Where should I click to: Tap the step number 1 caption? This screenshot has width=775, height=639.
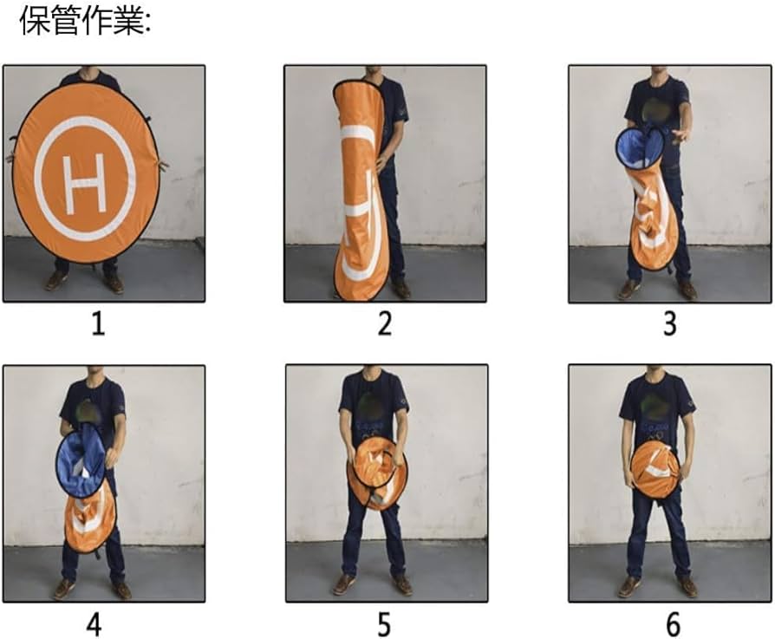[x=97, y=325]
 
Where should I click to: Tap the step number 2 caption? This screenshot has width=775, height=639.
[x=384, y=324]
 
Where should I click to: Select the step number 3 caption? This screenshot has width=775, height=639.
[x=668, y=324]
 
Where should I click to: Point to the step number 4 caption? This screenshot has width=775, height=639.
[x=94, y=623]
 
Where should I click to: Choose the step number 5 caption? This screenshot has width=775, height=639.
[x=384, y=623]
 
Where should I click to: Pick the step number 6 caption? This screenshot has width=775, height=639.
[x=673, y=623]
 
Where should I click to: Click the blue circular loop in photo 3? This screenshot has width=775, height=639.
[x=638, y=147]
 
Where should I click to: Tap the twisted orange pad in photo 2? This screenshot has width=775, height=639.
[x=359, y=199]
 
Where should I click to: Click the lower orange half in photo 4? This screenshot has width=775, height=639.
[x=91, y=518]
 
